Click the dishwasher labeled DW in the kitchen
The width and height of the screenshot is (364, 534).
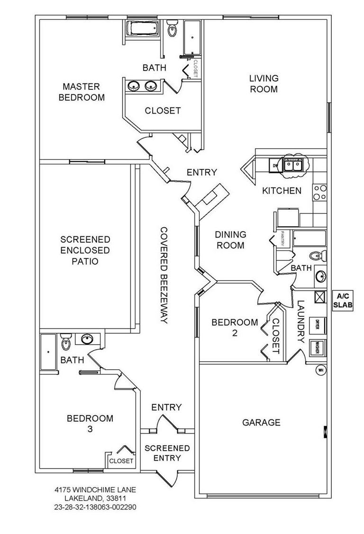[x=274, y=165]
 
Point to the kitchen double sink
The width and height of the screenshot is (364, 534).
[x=294, y=165]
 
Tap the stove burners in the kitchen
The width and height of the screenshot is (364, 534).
[x=320, y=192]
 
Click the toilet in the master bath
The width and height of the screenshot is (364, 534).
[x=173, y=29]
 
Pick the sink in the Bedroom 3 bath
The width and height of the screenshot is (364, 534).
[x=87, y=339]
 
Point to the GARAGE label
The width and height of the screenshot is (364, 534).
[x=261, y=422]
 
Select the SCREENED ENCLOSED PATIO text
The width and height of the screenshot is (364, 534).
[x=85, y=250]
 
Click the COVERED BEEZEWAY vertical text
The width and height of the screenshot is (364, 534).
[x=164, y=275]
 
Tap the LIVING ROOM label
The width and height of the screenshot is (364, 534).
[x=264, y=83]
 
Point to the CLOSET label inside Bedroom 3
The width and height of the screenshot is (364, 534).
[x=122, y=461]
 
